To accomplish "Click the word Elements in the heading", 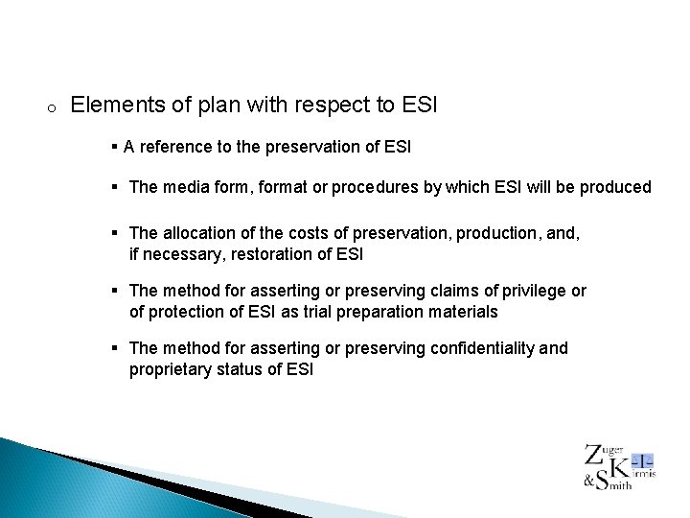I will click(110, 105).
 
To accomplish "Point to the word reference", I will click(175, 147).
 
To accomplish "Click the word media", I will click(185, 187).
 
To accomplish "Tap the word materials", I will click(463, 311).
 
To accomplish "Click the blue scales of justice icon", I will click(645, 459).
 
